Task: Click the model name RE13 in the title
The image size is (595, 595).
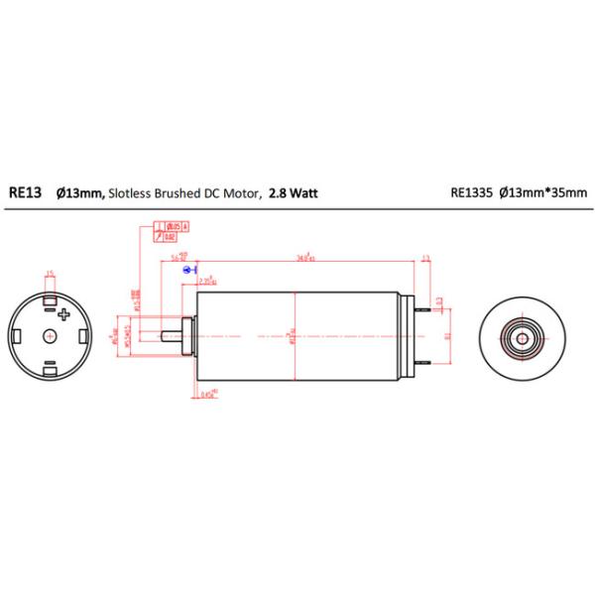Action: point(25,195)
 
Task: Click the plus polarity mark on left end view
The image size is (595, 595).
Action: point(65,315)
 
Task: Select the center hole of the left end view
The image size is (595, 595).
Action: point(51,336)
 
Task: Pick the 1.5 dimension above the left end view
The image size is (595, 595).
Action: point(50,275)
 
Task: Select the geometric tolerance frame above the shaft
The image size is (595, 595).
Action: point(172,232)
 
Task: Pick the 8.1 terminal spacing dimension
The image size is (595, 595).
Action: point(447,336)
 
